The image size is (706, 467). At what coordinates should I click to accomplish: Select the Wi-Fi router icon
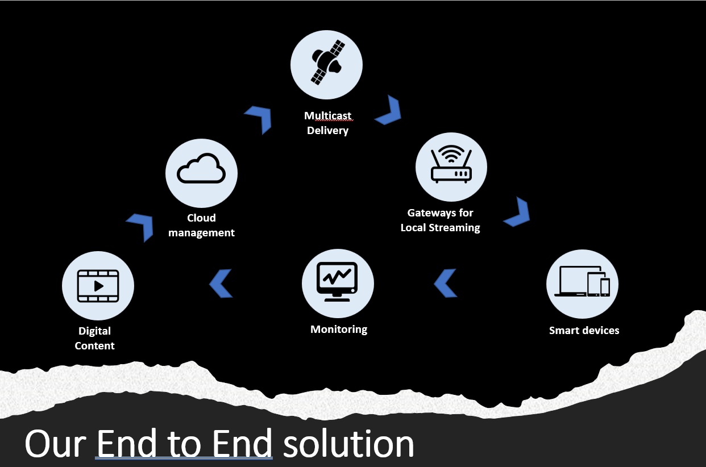(x=451, y=165)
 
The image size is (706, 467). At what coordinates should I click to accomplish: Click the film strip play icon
(x=98, y=286)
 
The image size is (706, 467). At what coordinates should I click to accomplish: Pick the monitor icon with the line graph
(x=338, y=280)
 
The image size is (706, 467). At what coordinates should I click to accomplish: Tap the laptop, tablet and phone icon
(x=582, y=281)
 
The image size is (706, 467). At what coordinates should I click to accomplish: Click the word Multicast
(x=328, y=116)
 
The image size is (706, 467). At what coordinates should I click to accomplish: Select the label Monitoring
(x=339, y=329)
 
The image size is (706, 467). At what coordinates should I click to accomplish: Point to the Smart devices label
(x=584, y=330)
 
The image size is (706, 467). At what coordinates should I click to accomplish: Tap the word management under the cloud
(x=201, y=232)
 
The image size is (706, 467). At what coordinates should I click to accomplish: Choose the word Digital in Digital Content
(x=94, y=331)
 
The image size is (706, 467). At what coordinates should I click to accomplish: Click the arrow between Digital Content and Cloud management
(x=141, y=226)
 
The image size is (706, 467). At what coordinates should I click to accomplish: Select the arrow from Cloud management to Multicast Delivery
(x=259, y=118)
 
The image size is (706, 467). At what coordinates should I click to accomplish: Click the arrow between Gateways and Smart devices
(x=518, y=212)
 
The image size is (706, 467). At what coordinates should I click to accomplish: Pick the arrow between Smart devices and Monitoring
(x=446, y=283)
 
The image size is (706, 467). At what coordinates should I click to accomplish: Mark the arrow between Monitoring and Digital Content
(x=221, y=283)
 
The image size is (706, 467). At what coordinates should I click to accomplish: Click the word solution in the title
(x=348, y=444)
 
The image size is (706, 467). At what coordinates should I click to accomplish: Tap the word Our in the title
(x=55, y=444)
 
